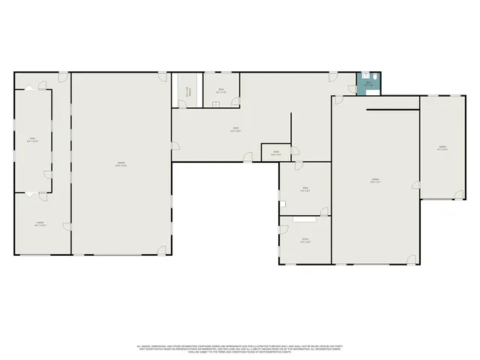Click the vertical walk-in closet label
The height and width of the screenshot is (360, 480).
point(189,92)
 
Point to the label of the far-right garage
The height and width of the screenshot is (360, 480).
point(442,148)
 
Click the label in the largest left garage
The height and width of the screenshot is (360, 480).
point(121,165)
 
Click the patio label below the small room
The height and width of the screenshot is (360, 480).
point(305,241)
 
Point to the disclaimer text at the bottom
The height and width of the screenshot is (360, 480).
point(239,349)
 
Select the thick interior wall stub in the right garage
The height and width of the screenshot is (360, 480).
point(392,110)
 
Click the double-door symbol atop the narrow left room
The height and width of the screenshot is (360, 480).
point(30,88)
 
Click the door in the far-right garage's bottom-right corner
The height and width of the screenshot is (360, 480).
point(456,194)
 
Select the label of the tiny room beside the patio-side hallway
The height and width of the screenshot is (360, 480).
point(275,154)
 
